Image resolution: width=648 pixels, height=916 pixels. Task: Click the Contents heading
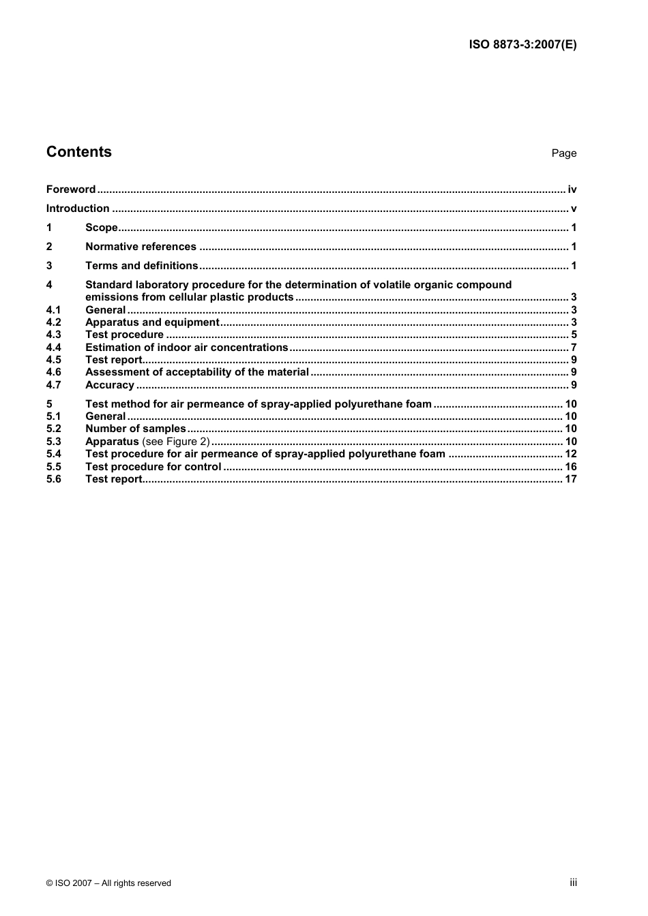(x=79, y=152)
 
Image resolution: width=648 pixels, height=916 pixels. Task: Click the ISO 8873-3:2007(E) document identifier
(x=522, y=45)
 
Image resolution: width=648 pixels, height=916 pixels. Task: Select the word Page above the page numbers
(x=563, y=153)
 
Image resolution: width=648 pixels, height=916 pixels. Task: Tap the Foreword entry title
(x=71, y=189)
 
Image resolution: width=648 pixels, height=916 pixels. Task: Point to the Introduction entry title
(x=78, y=209)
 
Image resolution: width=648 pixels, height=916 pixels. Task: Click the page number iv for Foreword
(x=572, y=189)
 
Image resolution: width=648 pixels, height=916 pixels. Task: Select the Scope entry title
(x=102, y=228)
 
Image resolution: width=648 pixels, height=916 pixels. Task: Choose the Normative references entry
(x=141, y=247)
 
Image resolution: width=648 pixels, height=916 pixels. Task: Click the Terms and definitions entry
(x=141, y=266)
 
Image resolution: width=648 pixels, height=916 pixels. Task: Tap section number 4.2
(x=54, y=322)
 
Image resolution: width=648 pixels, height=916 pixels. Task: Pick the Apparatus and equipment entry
(x=152, y=322)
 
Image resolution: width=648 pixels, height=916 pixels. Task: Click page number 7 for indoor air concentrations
(x=574, y=348)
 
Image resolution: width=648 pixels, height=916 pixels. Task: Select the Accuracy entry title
(x=109, y=385)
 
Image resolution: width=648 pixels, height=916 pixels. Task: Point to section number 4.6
(x=54, y=372)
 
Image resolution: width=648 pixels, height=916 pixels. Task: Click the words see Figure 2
(x=176, y=442)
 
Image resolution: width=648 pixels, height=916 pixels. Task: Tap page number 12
(x=570, y=454)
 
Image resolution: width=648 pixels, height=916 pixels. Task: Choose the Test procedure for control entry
(x=153, y=467)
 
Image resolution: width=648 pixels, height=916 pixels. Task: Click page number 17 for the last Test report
(x=570, y=479)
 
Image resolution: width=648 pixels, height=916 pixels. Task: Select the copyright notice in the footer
(x=108, y=883)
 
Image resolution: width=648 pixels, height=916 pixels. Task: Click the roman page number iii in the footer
(x=573, y=883)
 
